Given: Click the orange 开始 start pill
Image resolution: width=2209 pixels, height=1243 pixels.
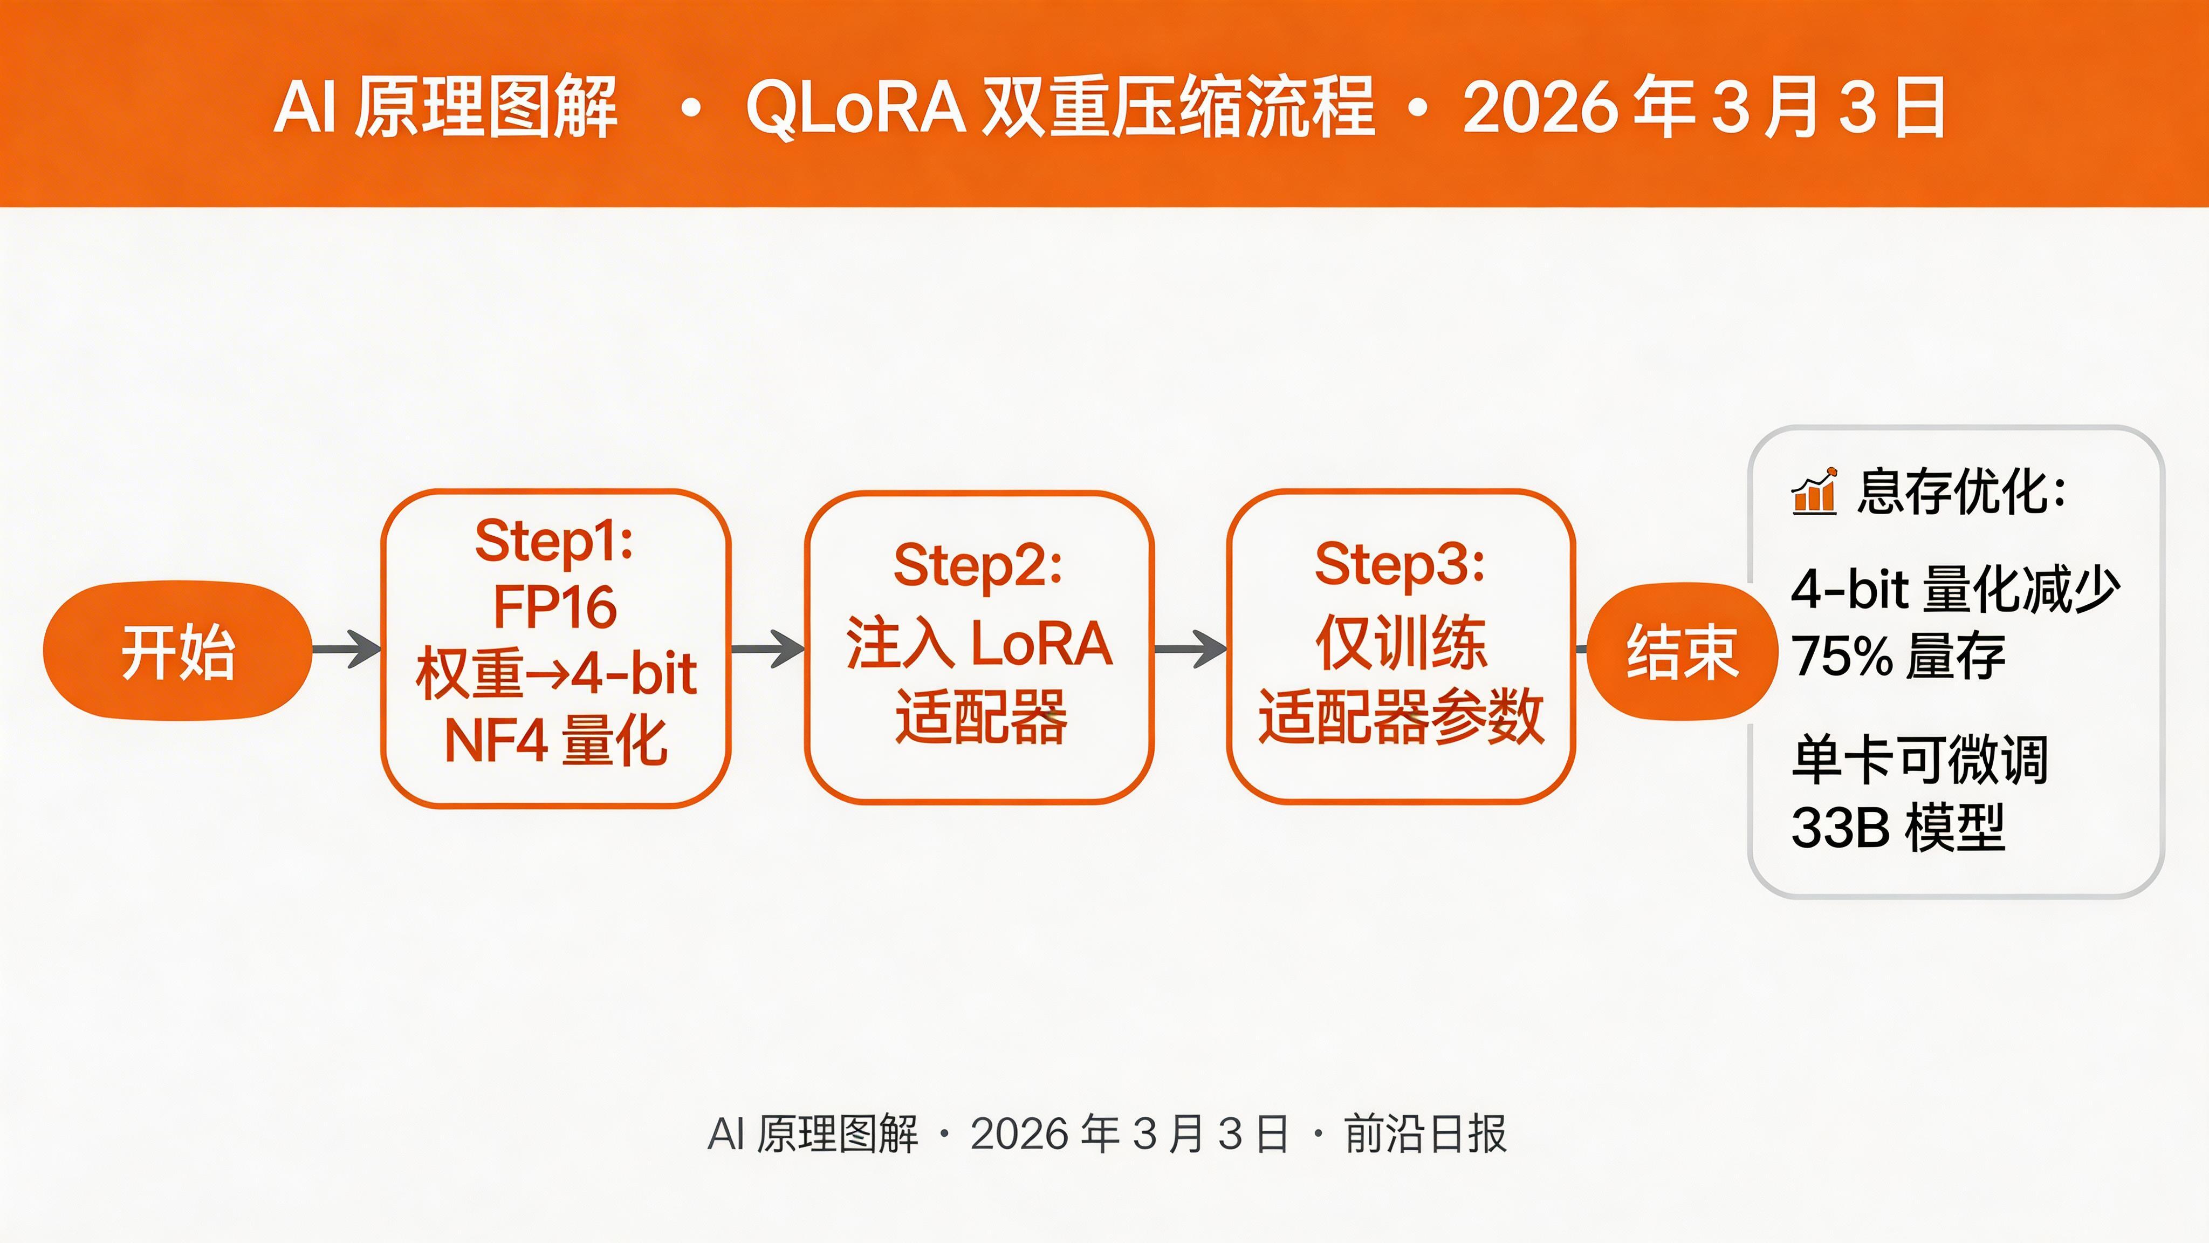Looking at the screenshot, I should [x=177, y=651].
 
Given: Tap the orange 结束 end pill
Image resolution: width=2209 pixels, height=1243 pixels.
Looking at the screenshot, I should [x=1682, y=651].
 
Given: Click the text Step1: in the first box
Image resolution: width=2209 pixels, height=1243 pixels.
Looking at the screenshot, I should [x=554, y=541].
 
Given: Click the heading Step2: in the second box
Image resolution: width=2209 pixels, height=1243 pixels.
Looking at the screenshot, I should [x=978, y=565].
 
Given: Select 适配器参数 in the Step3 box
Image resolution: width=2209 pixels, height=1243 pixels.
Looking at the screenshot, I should [x=1401, y=717].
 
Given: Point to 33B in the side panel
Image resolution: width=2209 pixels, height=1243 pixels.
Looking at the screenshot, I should [x=1840, y=828].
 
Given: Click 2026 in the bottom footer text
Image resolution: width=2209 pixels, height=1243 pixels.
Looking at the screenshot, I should [x=1019, y=1134].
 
